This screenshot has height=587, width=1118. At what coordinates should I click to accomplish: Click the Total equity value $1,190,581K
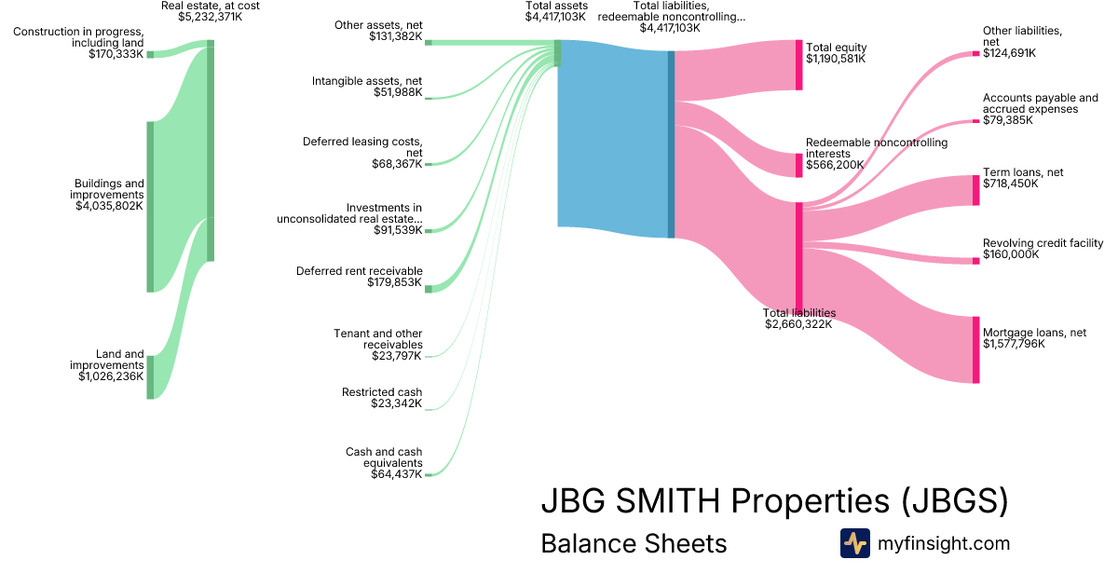[x=836, y=59]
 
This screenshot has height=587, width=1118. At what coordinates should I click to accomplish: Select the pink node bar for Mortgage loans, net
[x=975, y=349]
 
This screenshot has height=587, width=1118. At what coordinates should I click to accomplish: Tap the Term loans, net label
[x=1023, y=172]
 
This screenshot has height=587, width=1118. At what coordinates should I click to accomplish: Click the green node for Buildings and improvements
[x=150, y=207]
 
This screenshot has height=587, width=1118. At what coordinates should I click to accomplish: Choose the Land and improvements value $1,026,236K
[x=110, y=376]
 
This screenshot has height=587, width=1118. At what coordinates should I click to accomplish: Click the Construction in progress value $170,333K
[x=116, y=54]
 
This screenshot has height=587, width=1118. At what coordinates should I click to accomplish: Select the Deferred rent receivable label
[x=359, y=271]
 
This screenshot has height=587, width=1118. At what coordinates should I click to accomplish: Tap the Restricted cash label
[x=382, y=392]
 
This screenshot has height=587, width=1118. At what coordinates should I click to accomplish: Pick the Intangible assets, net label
[x=367, y=81]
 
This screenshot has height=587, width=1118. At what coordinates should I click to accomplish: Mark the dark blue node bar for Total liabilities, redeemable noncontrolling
[x=671, y=144]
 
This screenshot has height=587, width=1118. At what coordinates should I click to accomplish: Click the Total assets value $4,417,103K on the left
[x=556, y=17]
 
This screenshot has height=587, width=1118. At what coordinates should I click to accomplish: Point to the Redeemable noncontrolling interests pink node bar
[x=798, y=165]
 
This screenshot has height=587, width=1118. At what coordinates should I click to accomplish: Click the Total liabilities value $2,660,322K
[x=799, y=324]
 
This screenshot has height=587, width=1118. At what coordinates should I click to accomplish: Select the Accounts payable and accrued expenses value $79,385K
[x=1009, y=120]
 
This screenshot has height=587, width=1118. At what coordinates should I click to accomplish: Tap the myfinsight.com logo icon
[x=854, y=543]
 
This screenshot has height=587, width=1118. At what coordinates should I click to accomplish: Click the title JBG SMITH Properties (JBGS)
[x=774, y=501]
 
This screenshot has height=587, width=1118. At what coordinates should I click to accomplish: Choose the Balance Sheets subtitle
[x=634, y=543]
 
